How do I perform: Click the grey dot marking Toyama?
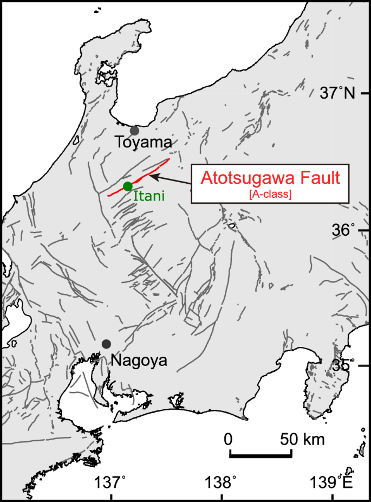click(134, 130)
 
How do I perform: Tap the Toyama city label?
click(144, 143)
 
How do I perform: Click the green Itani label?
click(149, 196)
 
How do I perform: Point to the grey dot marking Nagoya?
click(106, 344)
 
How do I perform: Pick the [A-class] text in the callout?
click(270, 195)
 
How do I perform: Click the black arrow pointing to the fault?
click(171, 181)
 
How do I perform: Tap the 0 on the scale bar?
click(229, 439)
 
